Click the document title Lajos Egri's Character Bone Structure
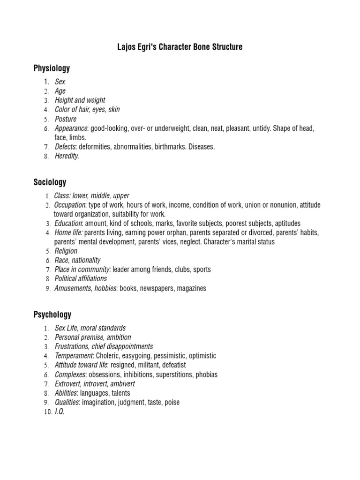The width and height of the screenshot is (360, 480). pyautogui.click(x=180, y=47)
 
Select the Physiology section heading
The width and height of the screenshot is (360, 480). pyautogui.click(x=52, y=68)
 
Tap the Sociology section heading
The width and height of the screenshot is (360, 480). pyautogui.click(x=50, y=182)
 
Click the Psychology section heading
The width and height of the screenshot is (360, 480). pyautogui.click(x=52, y=315)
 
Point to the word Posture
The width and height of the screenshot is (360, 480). pyautogui.click(x=66, y=119)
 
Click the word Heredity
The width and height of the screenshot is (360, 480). pyautogui.click(x=67, y=156)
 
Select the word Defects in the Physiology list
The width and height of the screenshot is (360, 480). pyautogui.click(x=65, y=147)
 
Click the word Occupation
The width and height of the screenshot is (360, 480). pyautogui.click(x=70, y=205)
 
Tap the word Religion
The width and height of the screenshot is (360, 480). pyautogui.click(x=66, y=251)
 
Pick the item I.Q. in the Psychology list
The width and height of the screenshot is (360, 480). pyautogui.click(x=60, y=412)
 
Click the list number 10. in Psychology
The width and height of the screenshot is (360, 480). pyautogui.click(x=47, y=412)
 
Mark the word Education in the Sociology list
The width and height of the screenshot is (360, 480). pyautogui.click(x=68, y=224)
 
